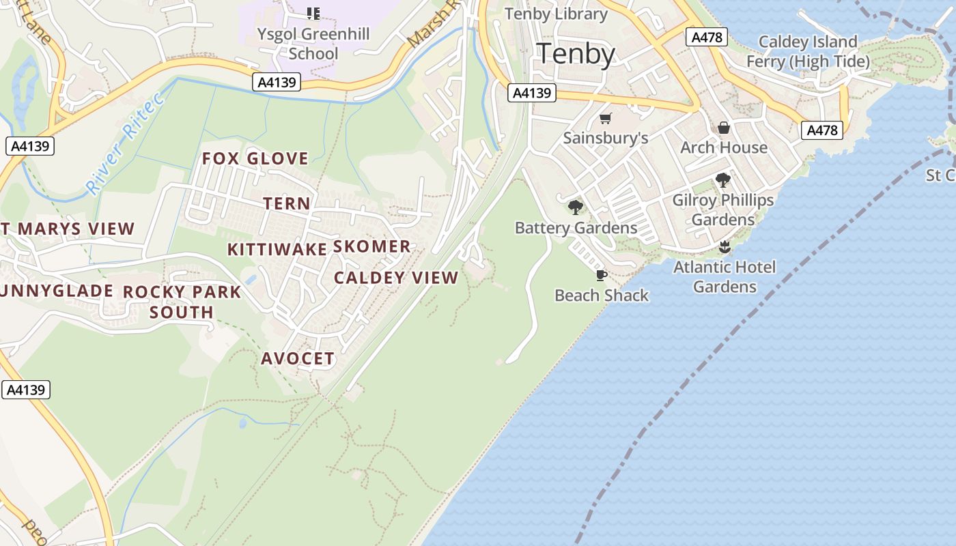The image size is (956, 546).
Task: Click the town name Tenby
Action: tap(576, 53)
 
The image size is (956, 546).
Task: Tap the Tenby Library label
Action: tap(555, 14)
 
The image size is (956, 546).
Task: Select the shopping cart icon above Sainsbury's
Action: tap(605, 119)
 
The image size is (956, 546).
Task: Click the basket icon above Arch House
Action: tap(724, 128)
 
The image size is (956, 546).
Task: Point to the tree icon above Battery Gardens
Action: tap(576, 207)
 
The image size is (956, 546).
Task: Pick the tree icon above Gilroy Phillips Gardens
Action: tap(723, 181)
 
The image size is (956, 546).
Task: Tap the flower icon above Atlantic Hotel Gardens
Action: tap(725, 247)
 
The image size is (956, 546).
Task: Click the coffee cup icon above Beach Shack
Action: tap(601, 275)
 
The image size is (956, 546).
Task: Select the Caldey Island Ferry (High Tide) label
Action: tap(808, 52)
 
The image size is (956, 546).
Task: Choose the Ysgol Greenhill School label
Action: tap(313, 44)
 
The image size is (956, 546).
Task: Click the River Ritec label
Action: tap(126, 144)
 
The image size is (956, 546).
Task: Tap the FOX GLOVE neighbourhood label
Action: tap(255, 159)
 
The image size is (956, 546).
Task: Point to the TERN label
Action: tap(287, 203)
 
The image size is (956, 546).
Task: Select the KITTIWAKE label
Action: tap(277, 249)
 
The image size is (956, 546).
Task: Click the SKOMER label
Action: tap(371, 246)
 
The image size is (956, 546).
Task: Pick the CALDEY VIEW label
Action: tap(396, 278)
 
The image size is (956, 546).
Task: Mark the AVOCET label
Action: tap(298, 358)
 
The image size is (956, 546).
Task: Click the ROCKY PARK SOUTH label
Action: tap(182, 302)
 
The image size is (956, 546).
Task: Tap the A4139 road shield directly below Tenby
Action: tap(532, 93)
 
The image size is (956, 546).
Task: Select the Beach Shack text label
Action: tap(602, 296)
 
